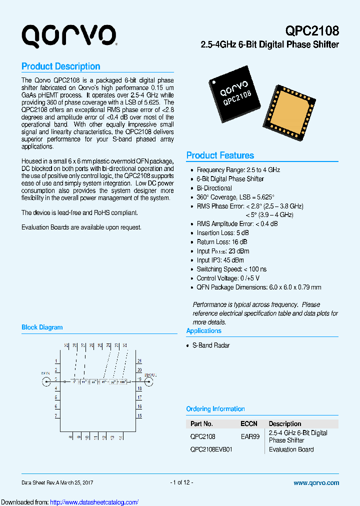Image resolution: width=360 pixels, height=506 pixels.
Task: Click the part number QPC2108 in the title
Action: tap(312, 30)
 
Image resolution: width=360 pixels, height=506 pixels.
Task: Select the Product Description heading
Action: tap(60, 66)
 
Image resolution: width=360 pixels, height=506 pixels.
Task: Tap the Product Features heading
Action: tap(220, 155)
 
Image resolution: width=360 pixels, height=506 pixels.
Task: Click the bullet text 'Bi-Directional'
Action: tap(214, 188)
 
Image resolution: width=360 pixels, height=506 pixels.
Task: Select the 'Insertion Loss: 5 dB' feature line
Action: tap(223, 233)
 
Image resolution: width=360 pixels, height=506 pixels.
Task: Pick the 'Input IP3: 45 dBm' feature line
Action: tap(220, 260)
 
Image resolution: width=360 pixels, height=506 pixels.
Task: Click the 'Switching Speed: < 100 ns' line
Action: tap(231, 269)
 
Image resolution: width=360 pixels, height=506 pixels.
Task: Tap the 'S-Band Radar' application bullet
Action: tap(211, 345)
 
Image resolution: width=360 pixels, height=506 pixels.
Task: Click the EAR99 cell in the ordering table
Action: tap(250, 436)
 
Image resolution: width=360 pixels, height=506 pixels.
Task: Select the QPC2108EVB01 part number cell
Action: tap(211, 449)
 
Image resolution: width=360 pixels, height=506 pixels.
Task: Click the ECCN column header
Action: tap(249, 423)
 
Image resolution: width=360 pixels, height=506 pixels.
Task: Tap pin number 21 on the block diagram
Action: tap(139, 361)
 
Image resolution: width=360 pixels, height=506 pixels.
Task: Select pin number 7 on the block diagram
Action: tap(56, 415)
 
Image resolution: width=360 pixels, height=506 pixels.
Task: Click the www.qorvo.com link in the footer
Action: tap(316, 483)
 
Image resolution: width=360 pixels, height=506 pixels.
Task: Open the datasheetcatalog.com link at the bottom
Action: tap(94, 502)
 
